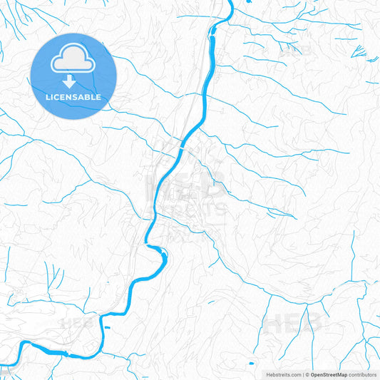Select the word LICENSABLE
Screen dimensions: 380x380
(x=73, y=96)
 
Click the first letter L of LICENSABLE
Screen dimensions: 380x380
(x=47, y=96)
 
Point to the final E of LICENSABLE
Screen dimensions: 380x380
(x=99, y=96)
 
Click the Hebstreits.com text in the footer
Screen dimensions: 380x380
(x=283, y=374)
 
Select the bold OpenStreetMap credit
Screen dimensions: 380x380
(x=329, y=374)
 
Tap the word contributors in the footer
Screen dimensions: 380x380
(x=363, y=374)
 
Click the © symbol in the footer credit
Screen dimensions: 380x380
(x=307, y=374)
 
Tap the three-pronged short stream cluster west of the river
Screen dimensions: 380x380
(x=51, y=274)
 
